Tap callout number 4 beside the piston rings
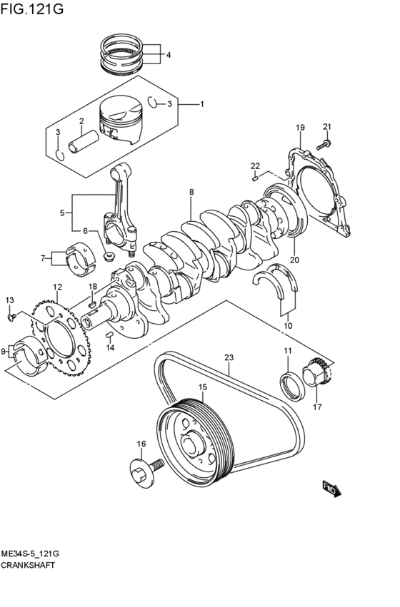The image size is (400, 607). pos(169,55)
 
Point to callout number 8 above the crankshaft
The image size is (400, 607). pos(191,193)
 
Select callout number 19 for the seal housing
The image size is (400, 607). pos(300,128)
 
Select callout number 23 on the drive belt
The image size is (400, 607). pos(229,359)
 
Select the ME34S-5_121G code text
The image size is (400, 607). pos(29,554)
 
